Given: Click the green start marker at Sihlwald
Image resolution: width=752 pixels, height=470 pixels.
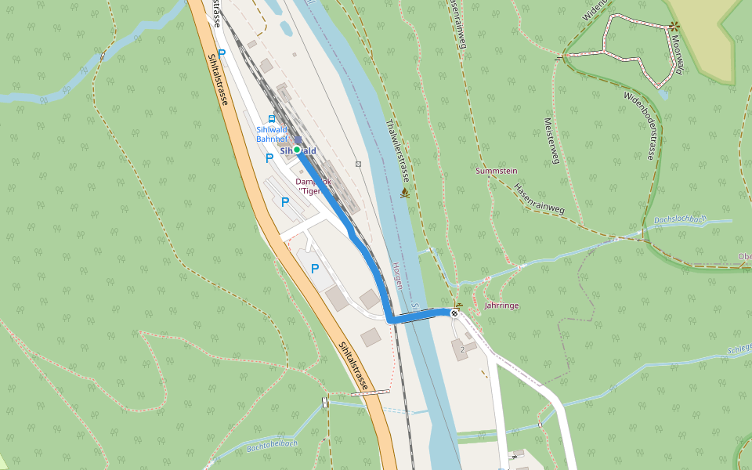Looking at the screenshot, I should tap(297, 150).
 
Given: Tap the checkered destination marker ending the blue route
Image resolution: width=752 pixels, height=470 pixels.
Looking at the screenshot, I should tap(454, 314).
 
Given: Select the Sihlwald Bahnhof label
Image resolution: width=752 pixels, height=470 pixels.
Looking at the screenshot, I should tap(272, 134).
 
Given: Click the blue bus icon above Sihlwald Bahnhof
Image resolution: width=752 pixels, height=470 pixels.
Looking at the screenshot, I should tap(272, 119).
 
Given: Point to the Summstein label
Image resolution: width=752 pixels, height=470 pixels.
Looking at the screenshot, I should tap(497, 170).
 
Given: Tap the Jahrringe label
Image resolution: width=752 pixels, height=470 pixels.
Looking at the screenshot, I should tap(502, 305).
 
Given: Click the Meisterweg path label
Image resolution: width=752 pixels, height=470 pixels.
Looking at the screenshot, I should tap(553, 141).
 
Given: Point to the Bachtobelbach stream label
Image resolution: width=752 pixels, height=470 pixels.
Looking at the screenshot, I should tap(272, 446).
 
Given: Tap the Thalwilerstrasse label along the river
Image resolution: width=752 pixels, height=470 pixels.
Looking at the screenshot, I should tap(399, 150).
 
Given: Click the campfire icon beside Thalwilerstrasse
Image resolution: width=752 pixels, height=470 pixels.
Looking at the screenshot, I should tap(405, 193).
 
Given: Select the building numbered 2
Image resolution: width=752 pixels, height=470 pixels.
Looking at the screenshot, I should tap(462, 348).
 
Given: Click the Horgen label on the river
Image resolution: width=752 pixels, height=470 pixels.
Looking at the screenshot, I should tap(397, 276).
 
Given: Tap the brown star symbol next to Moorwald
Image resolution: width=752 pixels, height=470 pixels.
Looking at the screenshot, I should tap(674, 26).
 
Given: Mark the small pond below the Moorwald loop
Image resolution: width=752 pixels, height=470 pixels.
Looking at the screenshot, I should tap(665, 94).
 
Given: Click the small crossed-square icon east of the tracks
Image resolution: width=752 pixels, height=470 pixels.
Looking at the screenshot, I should tap(358, 164).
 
